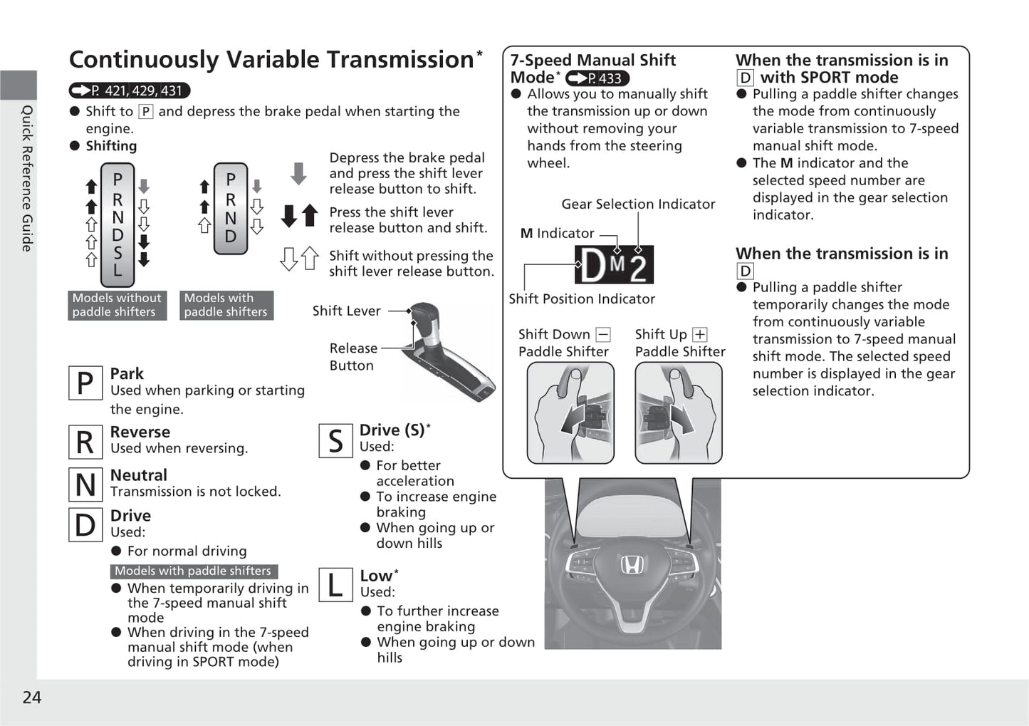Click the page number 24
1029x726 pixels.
coord(32,698)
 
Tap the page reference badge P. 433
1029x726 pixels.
coord(597,78)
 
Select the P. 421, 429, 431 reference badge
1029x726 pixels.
coord(130,91)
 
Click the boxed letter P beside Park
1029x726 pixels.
coord(85,383)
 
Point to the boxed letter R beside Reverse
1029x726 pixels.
coord(85,442)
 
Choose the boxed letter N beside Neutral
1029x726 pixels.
coord(85,484)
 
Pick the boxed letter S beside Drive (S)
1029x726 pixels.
coord(335,441)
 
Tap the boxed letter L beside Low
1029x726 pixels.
coord(335,585)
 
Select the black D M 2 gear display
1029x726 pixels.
coord(614,265)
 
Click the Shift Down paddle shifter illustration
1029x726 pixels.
coord(570,413)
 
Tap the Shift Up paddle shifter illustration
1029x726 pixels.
coord(678,413)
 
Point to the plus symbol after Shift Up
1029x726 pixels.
coord(700,335)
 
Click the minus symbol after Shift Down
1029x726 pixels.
coord(603,335)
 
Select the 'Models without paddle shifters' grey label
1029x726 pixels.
coord(117,305)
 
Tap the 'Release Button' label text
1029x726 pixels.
coord(352,357)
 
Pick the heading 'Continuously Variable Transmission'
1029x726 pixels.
coord(271,59)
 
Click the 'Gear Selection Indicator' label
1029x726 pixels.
coord(638,204)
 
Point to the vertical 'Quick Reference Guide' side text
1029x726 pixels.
coord(26,178)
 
